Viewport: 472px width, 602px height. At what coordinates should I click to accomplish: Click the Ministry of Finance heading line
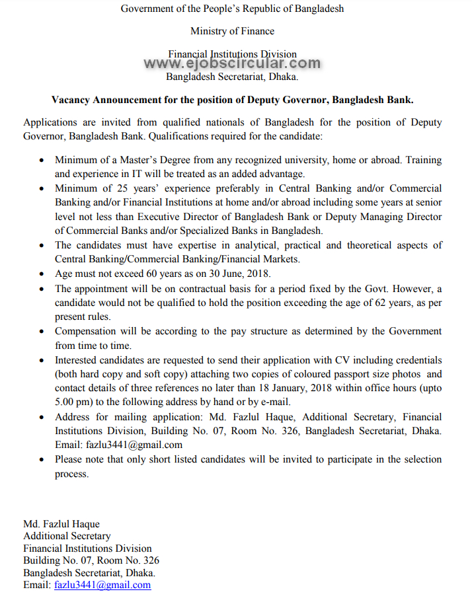[232, 31]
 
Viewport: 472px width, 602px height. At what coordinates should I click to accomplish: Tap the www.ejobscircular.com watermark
[232, 63]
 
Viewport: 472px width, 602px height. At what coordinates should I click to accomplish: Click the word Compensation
[85, 331]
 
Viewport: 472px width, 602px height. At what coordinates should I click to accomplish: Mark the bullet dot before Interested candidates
[42, 360]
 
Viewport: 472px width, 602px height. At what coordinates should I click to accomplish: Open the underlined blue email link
[102, 585]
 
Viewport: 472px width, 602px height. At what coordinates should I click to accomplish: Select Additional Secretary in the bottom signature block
[67, 536]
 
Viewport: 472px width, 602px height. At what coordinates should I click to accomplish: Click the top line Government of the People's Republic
[232, 9]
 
